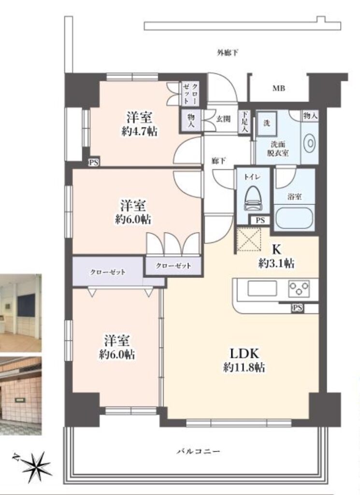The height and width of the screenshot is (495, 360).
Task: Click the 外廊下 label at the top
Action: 227,52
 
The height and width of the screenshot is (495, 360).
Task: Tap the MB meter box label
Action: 279,88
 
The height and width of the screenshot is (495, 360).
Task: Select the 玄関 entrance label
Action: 223,119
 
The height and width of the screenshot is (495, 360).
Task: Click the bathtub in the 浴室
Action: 294,217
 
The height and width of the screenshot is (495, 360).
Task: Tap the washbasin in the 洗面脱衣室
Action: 310,144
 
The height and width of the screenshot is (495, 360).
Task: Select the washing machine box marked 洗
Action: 266,123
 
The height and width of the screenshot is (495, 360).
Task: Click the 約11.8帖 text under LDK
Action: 244,367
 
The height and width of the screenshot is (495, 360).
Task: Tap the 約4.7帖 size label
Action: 140,131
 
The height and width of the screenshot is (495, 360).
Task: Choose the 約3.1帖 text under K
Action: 276,262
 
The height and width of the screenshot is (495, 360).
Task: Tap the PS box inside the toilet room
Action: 260,220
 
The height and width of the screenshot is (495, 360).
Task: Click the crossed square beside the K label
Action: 249,240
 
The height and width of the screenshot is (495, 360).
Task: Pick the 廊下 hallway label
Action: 218,161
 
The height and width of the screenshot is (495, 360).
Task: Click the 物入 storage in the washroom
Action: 310,116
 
